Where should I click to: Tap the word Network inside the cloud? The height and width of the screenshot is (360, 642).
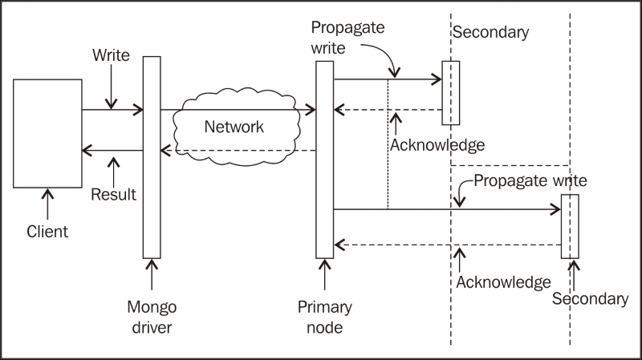pyautogui.click(x=234, y=127)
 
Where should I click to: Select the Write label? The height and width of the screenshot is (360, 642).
pyautogui.click(x=111, y=55)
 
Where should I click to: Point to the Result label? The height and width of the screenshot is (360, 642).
pyautogui.click(x=113, y=194)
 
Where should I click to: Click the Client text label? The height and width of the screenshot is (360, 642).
pyautogui.click(x=47, y=232)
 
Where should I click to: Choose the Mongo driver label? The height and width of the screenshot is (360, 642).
pyautogui.click(x=152, y=317)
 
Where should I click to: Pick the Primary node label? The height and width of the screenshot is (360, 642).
pyautogui.click(x=325, y=317)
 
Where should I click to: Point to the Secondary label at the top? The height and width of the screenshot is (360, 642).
pyautogui.click(x=491, y=32)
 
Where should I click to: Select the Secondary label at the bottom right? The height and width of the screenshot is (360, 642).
pyautogui.click(x=591, y=298)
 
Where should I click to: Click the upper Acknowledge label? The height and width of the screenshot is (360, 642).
pyautogui.click(x=437, y=145)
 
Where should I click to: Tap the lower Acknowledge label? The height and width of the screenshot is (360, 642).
pyautogui.click(x=504, y=282)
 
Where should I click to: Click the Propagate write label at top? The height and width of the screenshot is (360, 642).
pyautogui.click(x=347, y=38)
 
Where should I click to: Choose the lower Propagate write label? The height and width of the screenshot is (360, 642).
pyautogui.click(x=530, y=181)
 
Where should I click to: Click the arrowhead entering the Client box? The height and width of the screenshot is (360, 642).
pyautogui.click(x=86, y=151)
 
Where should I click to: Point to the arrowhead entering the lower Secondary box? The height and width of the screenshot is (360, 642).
pyautogui.click(x=556, y=209)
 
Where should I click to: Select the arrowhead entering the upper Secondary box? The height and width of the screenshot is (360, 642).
pyautogui.click(x=437, y=79)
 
